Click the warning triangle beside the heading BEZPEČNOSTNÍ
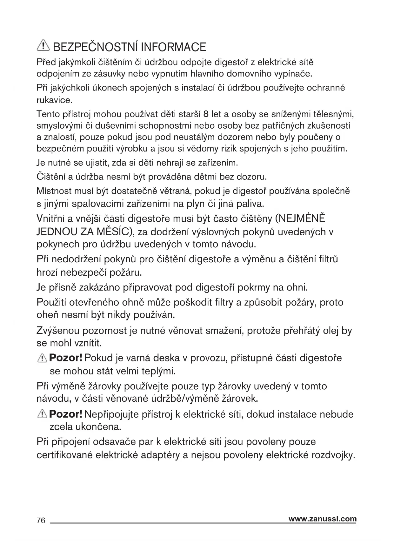[x=43, y=47]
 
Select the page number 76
[x=41, y=520]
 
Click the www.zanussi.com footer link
[x=323, y=519]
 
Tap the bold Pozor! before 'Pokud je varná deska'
[x=66, y=358]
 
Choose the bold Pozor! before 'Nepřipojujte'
[x=66, y=414]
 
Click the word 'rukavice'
[x=54, y=100]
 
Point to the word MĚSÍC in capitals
[x=112, y=232]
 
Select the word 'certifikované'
[x=64, y=455]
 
